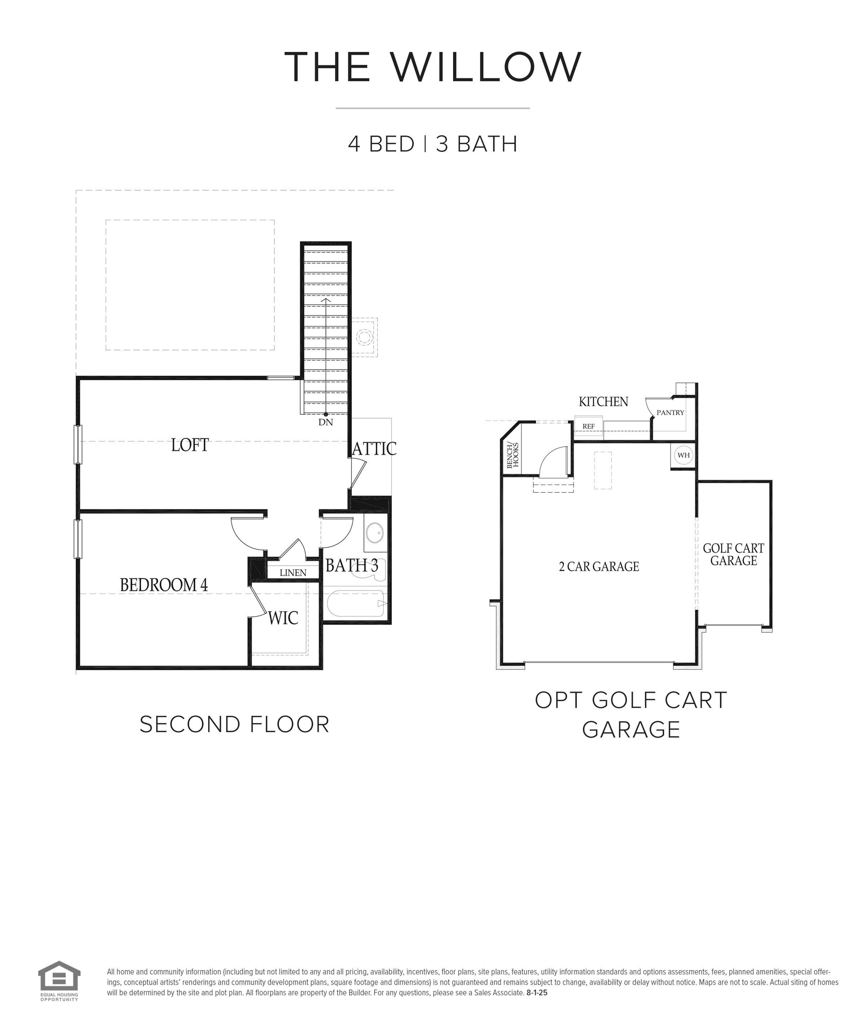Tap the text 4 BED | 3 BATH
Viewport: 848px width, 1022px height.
pyautogui.click(x=432, y=144)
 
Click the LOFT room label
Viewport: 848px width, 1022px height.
pyautogui.click(x=190, y=445)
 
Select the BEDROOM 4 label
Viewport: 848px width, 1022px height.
pyautogui.click(x=164, y=585)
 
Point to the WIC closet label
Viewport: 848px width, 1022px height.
pyautogui.click(x=283, y=618)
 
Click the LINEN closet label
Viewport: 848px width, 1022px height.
pyautogui.click(x=292, y=573)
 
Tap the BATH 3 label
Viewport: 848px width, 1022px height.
pyautogui.click(x=351, y=566)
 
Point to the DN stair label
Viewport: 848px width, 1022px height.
pyautogui.click(x=326, y=422)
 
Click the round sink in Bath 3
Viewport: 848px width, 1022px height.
pyautogui.click(x=375, y=533)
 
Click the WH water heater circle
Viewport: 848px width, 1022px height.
pyautogui.click(x=683, y=456)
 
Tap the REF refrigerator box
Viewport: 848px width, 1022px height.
pyautogui.click(x=588, y=426)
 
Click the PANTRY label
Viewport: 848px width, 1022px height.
pyautogui.click(x=670, y=413)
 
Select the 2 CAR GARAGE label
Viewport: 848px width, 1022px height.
pyautogui.click(x=599, y=566)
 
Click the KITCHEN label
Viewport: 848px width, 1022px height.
pyautogui.click(x=603, y=402)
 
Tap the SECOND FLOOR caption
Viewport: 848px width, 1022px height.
pyautogui.click(x=234, y=724)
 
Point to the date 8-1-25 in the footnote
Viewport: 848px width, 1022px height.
pyautogui.click(x=536, y=993)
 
